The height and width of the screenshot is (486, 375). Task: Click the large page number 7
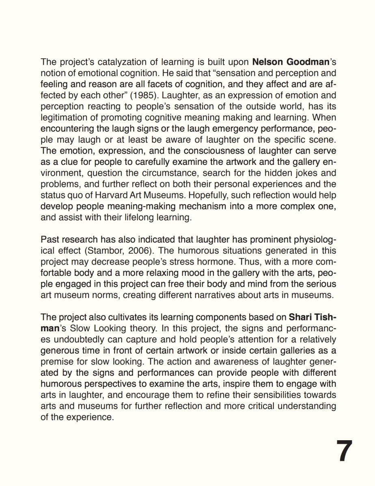(x=344, y=451)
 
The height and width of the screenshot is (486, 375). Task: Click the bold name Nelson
(x=268, y=63)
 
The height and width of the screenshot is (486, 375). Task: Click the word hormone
(x=216, y=262)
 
